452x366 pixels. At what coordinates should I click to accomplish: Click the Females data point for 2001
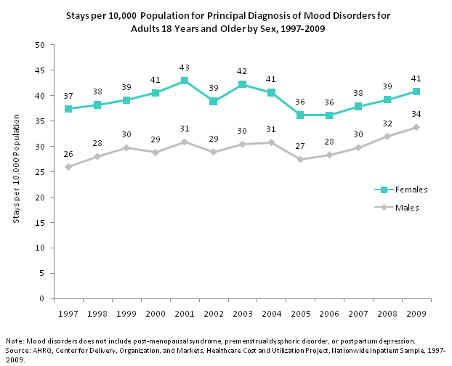point(185,81)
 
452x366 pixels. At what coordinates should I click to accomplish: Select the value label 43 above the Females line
point(185,68)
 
